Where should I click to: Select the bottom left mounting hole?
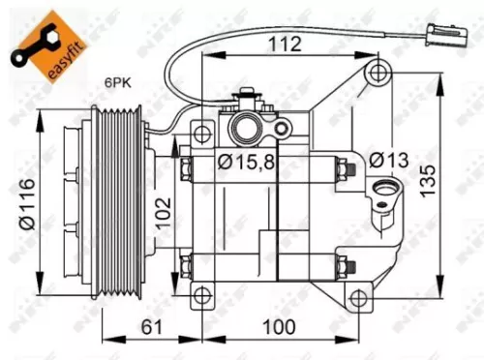(x=200, y=296)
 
